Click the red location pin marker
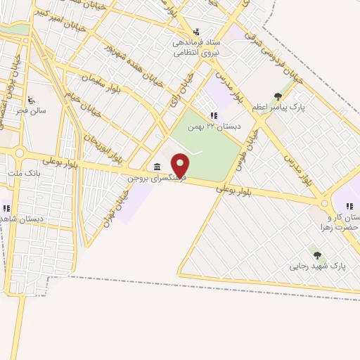point(181,165)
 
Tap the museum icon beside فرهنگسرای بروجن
point(156,167)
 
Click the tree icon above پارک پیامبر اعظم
point(278,96)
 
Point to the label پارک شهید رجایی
point(319,267)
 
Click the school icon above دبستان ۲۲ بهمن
point(212,115)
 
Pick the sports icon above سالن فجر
point(30,100)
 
